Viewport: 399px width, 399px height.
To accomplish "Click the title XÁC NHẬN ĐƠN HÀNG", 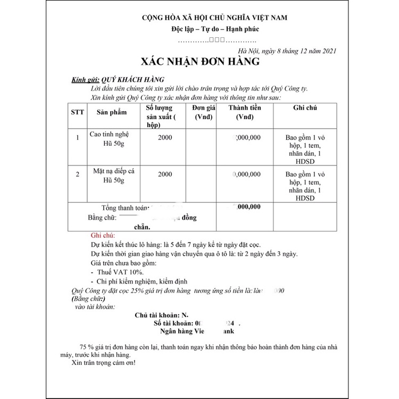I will (x=200, y=62).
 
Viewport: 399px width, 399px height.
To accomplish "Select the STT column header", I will (x=77, y=113).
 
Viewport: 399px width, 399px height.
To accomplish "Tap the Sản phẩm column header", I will (x=112, y=113).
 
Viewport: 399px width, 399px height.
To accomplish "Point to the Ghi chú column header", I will (x=305, y=108).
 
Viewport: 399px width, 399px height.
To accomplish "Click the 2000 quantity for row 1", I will (x=165, y=137).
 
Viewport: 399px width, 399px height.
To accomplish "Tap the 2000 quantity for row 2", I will (x=165, y=174).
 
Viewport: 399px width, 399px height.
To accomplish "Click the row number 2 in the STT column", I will (x=78, y=174).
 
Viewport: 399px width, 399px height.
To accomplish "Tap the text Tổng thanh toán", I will (x=126, y=207).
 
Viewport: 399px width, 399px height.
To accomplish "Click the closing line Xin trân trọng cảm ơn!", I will (x=103, y=363).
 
